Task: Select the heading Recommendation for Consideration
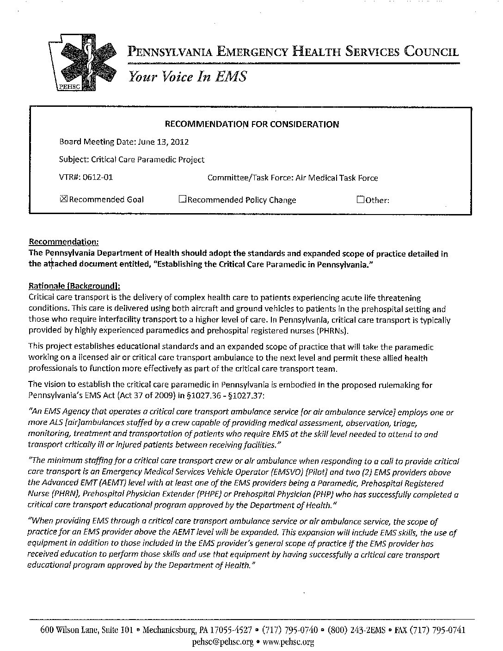[x=252, y=124]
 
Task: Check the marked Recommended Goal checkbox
[x=64, y=199]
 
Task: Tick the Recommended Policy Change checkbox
[x=182, y=200]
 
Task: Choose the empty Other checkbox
[x=361, y=200]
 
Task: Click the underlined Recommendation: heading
[x=64, y=242]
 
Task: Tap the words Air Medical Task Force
[x=337, y=178]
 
